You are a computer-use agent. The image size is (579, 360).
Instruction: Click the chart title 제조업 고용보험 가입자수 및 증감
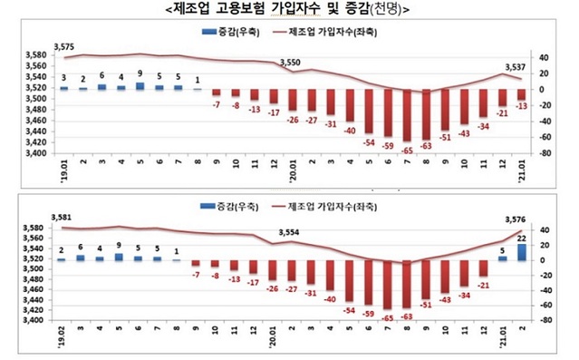pos(289,12)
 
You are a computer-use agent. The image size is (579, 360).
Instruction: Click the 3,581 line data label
pos(64,218)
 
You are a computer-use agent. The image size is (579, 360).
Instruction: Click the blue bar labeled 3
pos(63,88)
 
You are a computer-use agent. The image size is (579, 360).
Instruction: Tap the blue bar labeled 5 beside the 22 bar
pos(501,258)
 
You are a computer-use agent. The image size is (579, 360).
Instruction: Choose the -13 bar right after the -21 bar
pos(521,94)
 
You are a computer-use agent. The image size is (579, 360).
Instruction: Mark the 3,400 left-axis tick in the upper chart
pos(39,153)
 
